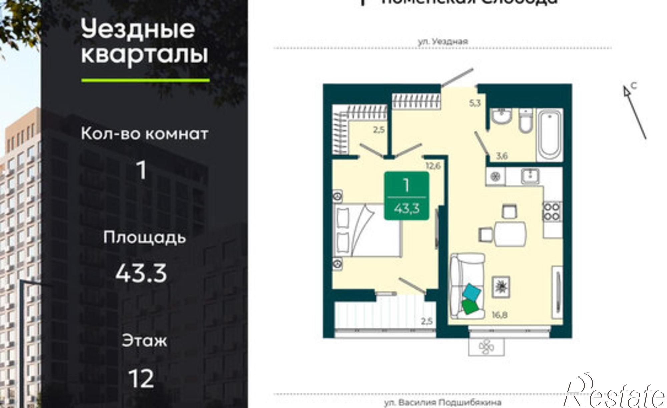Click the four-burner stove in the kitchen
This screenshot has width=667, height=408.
coord(553,212)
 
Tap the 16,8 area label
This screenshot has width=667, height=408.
coord(499,314)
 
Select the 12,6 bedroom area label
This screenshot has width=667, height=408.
coord(433,165)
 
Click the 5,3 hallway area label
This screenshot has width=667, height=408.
coord(475,103)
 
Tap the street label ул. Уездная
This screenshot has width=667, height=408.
coord(443,42)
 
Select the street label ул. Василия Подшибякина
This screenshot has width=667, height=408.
coord(442,403)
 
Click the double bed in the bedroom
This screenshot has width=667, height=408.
coord(367,230)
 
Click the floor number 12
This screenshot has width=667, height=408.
coord(142,378)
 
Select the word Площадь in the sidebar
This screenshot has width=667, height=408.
coord(144,238)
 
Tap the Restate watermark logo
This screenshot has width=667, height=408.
coord(615,394)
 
